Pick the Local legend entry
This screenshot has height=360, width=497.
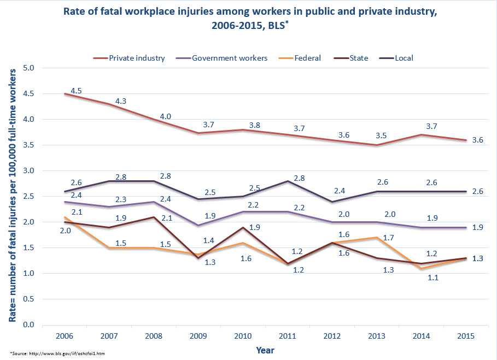402,58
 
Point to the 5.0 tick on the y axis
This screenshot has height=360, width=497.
29,68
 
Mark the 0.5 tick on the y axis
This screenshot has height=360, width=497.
29,299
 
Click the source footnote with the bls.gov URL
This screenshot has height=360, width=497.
57,353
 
